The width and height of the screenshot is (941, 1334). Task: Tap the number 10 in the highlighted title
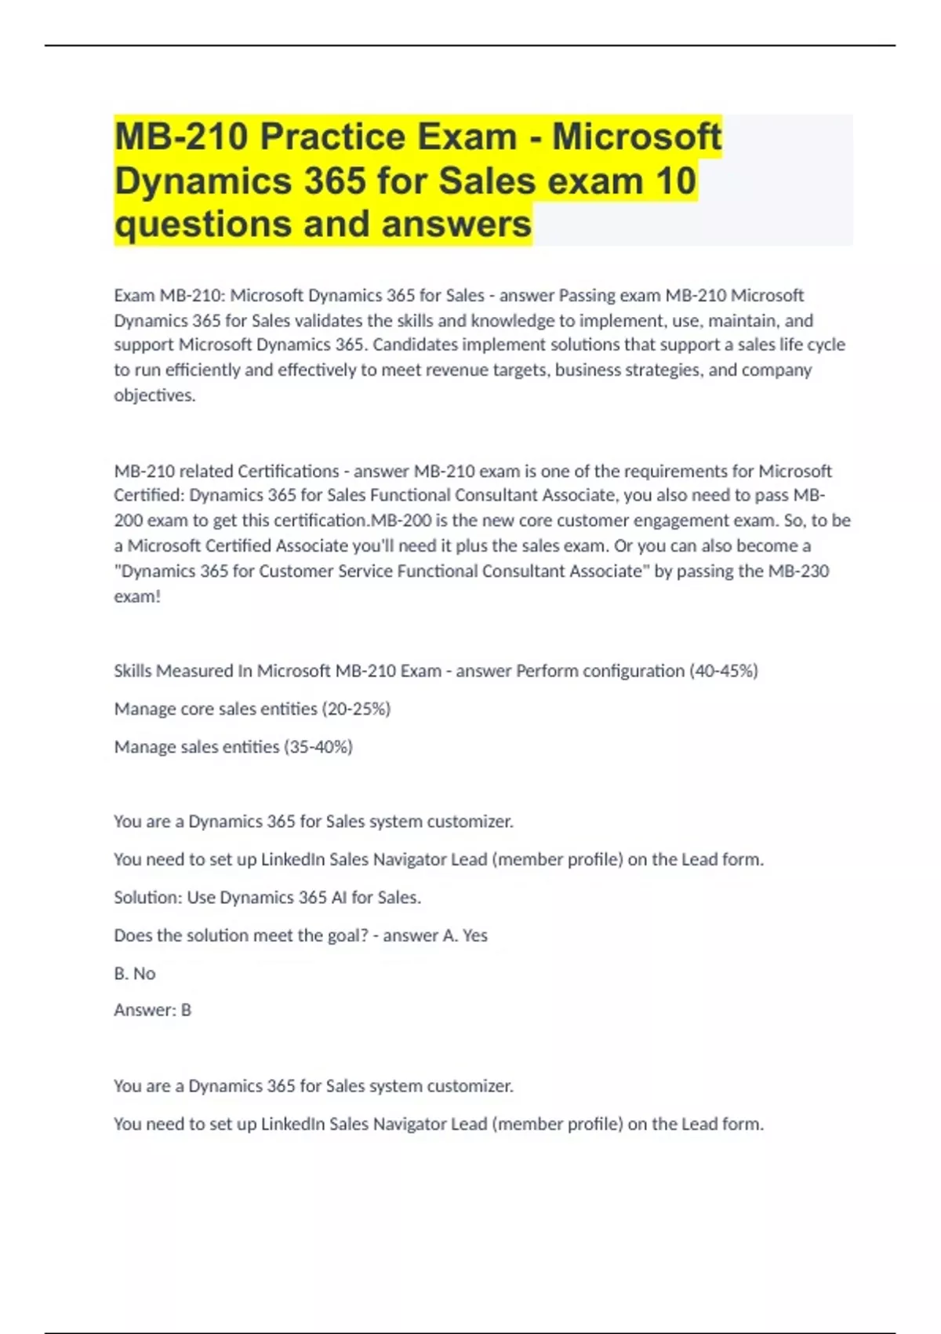(x=675, y=180)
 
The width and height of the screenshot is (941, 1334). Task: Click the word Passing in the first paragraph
(x=587, y=296)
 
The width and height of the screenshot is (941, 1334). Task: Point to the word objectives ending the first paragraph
(x=154, y=395)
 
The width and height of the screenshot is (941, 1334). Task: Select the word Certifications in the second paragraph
(x=288, y=472)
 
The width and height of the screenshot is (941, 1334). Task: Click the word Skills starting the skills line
(x=134, y=672)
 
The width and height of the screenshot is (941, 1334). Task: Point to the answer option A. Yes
(x=465, y=936)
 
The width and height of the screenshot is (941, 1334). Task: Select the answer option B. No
(x=135, y=974)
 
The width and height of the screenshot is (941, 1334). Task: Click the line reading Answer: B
(x=152, y=1011)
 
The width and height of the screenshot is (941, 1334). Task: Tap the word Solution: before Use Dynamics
(x=147, y=898)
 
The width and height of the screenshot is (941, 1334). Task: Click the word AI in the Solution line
(x=339, y=898)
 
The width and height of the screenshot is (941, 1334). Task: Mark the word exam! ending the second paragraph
(x=137, y=597)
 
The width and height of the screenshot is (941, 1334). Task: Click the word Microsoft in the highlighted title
(x=636, y=137)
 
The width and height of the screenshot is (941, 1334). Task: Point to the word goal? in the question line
(x=343, y=936)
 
